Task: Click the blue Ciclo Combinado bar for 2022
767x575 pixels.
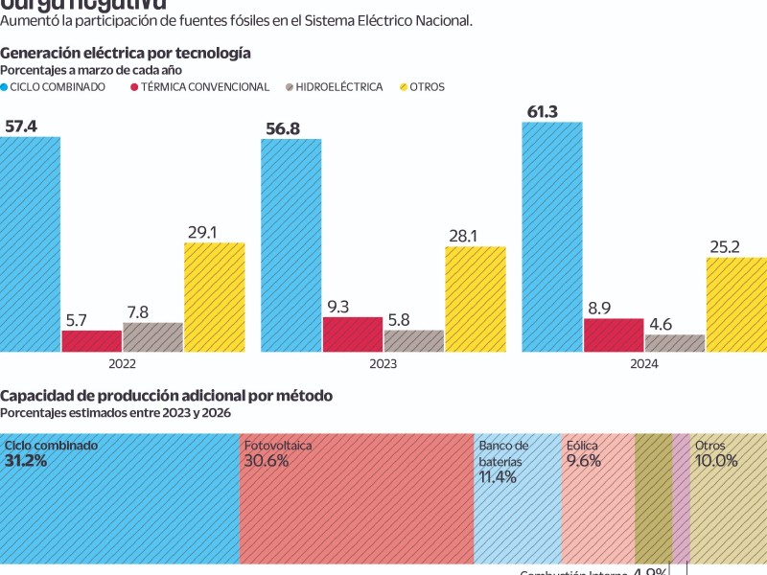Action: tap(30, 244)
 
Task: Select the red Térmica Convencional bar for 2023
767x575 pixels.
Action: tap(353, 334)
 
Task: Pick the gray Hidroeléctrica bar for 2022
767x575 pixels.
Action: tap(152, 337)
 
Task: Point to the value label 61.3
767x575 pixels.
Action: tap(544, 111)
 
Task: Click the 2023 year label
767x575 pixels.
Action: tap(383, 364)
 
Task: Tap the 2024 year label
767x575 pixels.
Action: tap(644, 364)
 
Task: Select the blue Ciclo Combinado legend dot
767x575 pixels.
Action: tap(5, 87)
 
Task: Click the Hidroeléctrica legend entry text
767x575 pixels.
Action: tap(339, 87)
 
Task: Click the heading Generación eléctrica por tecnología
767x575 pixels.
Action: tap(126, 54)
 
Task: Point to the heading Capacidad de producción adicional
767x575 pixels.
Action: tap(166, 396)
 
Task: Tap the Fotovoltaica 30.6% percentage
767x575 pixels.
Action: tap(267, 461)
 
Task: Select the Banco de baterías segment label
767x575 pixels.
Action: tap(501, 453)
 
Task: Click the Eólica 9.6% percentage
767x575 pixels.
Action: tap(584, 461)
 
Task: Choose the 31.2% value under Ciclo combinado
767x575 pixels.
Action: tap(26, 461)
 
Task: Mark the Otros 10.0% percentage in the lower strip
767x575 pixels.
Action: tap(716, 461)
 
